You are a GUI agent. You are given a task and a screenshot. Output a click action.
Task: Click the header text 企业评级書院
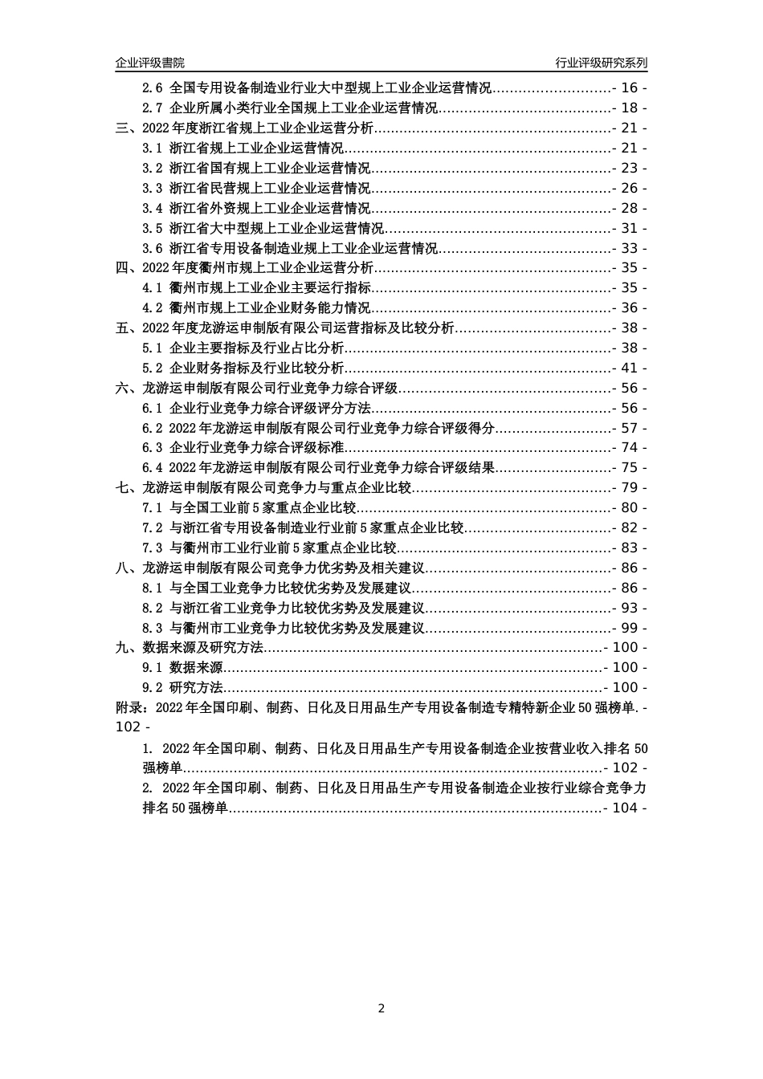(x=149, y=63)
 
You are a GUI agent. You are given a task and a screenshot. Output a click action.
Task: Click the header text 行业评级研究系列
(x=602, y=63)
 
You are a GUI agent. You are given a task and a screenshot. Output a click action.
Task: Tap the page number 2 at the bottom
(x=381, y=1008)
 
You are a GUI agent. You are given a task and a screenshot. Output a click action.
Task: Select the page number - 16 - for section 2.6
(x=630, y=88)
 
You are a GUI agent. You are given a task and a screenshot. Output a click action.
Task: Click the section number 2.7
(x=153, y=108)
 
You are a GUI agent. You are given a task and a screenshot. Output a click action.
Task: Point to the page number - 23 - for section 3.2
(x=630, y=169)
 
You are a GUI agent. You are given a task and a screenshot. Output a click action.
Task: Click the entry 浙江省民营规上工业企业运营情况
(x=270, y=189)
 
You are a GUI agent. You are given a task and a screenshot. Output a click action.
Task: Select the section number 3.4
(x=153, y=209)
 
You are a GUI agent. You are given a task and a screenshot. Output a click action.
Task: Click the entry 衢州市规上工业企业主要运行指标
(x=270, y=288)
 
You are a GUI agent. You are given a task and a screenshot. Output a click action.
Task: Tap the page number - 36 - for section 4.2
(x=630, y=308)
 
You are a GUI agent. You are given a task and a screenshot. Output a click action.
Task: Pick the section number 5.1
(x=153, y=348)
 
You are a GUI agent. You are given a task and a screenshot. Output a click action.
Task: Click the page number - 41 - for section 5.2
(x=630, y=368)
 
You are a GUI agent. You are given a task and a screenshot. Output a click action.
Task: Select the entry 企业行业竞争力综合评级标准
(x=256, y=448)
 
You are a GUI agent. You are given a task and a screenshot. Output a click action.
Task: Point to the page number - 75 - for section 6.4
(x=630, y=468)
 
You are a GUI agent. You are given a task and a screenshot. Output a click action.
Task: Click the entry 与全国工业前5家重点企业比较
(x=263, y=508)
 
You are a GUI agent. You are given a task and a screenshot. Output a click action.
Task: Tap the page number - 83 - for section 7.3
(x=630, y=548)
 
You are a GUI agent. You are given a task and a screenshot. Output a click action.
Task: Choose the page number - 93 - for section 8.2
(x=630, y=609)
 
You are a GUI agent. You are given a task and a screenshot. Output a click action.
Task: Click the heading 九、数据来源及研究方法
(x=190, y=648)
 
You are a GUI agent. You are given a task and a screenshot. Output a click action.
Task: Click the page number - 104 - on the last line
(x=626, y=808)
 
